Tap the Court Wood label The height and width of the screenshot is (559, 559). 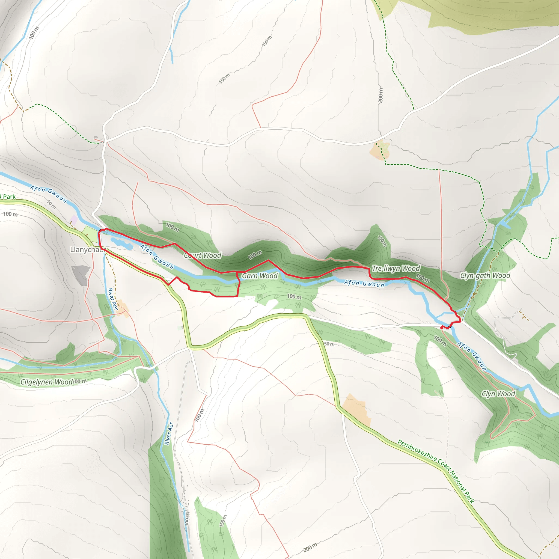click(203, 255)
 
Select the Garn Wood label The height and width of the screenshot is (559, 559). click(260, 276)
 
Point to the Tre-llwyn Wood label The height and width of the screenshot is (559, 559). click(396, 269)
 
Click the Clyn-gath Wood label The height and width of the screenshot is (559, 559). click(485, 275)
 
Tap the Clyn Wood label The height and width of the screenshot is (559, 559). click(498, 394)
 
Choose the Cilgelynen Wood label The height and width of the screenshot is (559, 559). click(46, 382)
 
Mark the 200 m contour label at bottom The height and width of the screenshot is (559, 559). click(310, 548)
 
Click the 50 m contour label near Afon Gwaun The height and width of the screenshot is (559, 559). click(52, 204)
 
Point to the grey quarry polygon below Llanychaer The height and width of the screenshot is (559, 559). click(81, 275)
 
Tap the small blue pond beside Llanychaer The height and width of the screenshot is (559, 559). click(122, 244)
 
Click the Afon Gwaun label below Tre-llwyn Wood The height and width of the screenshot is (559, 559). click(364, 284)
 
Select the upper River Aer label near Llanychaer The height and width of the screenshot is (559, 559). click(112, 299)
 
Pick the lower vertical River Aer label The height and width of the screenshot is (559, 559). click(169, 434)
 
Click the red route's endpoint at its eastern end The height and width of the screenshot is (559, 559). click(442, 327)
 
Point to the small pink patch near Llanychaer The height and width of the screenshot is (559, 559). click(74, 220)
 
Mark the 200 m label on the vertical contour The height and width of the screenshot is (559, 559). click(380, 95)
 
